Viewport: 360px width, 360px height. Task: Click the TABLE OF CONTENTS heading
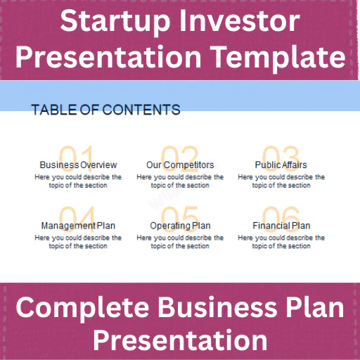105,110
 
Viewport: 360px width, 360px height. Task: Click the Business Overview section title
78,165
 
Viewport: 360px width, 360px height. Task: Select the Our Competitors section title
180,165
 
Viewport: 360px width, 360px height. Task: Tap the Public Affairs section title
281,165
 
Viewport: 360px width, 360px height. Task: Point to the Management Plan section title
78,226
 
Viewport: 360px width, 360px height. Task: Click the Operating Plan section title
180,226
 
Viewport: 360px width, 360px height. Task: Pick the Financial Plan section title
281,226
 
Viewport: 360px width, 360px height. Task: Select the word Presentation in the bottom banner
180,340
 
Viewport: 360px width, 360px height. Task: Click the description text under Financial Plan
281,242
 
